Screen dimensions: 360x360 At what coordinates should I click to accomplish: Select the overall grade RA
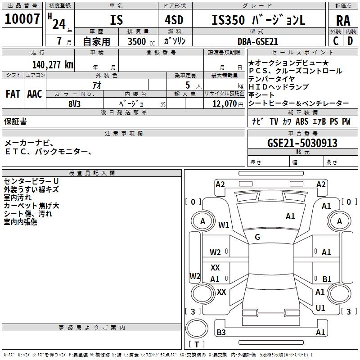point(343,20)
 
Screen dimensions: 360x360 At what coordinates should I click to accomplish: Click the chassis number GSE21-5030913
point(302,143)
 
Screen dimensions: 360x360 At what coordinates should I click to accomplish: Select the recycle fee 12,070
point(224,103)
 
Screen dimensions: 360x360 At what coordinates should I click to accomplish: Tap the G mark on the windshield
point(257,237)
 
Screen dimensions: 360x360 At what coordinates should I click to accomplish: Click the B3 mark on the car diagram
point(221,333)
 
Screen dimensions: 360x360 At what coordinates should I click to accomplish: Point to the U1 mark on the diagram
point(320,308)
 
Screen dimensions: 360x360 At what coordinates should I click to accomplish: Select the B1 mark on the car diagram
point(327,279)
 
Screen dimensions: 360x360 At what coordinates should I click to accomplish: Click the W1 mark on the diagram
point(224,225)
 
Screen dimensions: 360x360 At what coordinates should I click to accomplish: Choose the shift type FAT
point(13,94)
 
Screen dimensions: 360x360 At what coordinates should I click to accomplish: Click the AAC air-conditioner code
point(35,94)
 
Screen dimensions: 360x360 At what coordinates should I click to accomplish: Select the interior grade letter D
point(350,40)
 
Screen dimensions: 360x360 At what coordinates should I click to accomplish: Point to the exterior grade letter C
point(336,40)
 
